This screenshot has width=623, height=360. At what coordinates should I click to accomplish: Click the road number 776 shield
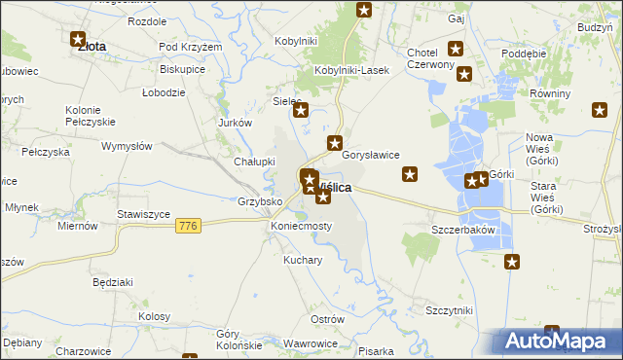(190, 226)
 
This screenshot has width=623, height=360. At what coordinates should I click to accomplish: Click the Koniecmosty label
(301, 226)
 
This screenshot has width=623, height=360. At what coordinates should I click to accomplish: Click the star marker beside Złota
(78, 40)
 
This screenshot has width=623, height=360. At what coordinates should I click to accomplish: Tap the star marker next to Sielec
(301, 110)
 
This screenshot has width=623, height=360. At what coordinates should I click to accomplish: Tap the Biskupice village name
(182, 70)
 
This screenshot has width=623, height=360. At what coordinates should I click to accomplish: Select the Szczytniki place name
(449, 309)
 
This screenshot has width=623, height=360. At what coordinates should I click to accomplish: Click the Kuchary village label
(303, 261)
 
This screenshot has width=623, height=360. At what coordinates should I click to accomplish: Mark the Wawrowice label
(311, 343)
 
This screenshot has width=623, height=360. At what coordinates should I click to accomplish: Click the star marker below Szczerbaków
(512, 261)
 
